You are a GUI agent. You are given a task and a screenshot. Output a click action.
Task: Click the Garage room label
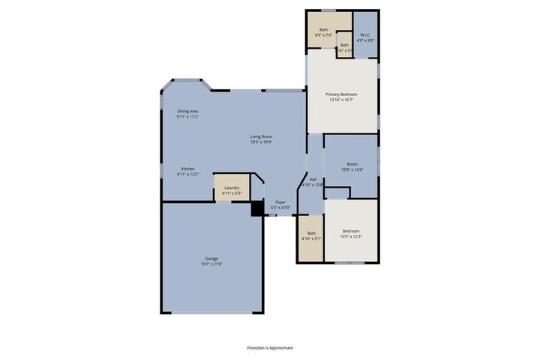[212, 258]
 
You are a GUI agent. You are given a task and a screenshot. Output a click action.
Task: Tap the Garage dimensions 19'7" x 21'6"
[212, 264]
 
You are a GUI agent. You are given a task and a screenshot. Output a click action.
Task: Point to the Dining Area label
[187, 111]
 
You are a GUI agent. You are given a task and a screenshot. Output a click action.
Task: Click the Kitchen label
[187, 169]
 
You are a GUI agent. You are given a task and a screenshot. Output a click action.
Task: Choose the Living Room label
[261, 136]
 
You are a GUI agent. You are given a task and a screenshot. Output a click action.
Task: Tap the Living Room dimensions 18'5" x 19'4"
[261, 142]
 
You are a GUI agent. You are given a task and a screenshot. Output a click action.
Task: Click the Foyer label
[280, 202]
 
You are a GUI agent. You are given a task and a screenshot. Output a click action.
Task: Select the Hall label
[313, 179]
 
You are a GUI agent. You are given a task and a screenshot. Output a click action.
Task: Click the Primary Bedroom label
[341, 94]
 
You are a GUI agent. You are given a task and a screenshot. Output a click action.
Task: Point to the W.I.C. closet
[365, 35]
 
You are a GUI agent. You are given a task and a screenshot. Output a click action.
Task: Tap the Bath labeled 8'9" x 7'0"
[323, 30]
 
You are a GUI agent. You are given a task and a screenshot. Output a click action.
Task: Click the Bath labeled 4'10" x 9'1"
[311, 236]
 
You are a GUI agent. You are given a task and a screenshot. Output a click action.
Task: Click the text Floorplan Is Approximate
[270, 348]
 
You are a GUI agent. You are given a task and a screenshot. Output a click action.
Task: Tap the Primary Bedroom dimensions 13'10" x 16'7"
[341, 100]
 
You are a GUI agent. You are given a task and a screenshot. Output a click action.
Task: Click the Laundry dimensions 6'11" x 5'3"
[232, 193]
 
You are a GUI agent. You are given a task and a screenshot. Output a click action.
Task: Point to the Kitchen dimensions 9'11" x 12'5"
[187, 175]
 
